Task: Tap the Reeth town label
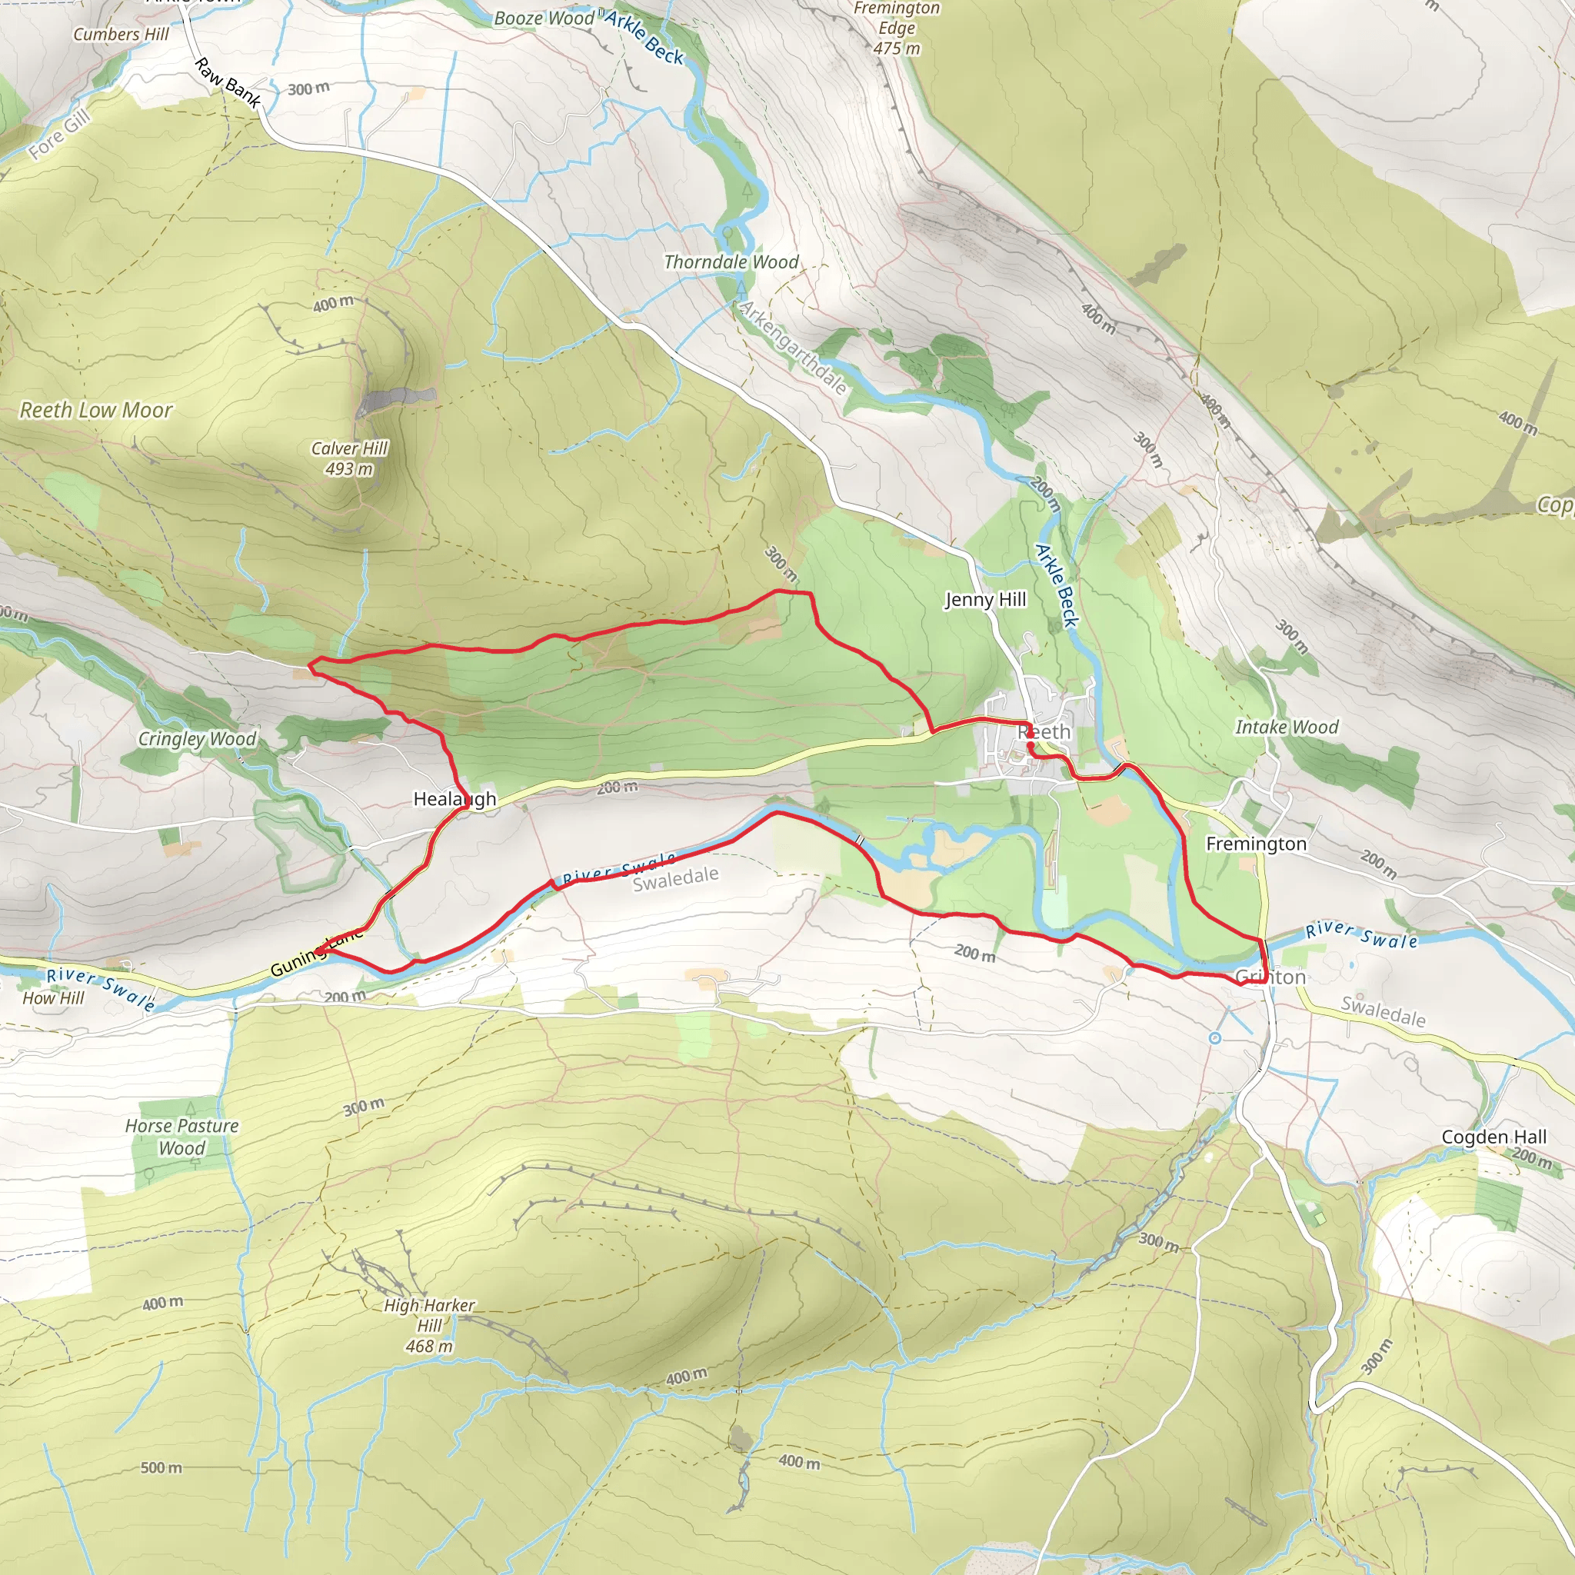tap(1044, 732)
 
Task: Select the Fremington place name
tap(1255, 844)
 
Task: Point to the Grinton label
tap(1270, 977)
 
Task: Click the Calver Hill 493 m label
tap(350, 458)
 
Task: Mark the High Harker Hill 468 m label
tap(430, 1326)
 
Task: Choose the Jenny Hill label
tap(985, 600)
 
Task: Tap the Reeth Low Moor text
tap(96, 410)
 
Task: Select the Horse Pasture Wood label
tap(181, 1137)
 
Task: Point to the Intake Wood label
tap(1287, 728)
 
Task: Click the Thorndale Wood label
tap(731, 261)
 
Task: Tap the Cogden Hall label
tap(1493, 1137)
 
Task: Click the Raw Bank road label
tap(228, 83)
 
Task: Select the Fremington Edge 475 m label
tap(897, 28)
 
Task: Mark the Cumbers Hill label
tap(121, 35)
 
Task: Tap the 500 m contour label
tap(161, 1467)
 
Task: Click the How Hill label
tap(53, 997)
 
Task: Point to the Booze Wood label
tap(544, 18)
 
